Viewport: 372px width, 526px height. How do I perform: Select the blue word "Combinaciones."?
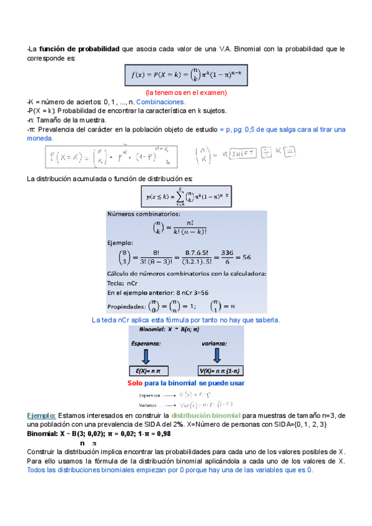[161, 102]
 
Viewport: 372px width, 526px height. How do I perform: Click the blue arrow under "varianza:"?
[217, 356]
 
